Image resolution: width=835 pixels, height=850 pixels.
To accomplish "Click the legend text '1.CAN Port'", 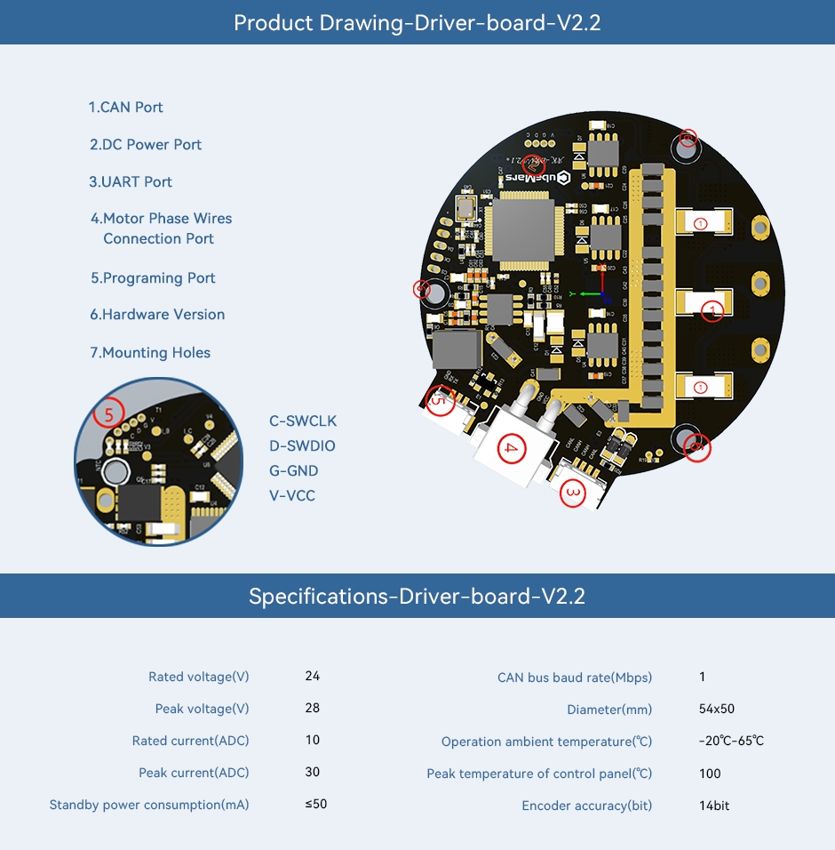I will pyautogui.click(x=125, y=108).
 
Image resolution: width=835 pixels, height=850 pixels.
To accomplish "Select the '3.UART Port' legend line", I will pyautogui.click(x=131, y=182).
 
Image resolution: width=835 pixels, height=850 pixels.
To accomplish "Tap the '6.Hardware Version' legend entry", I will pyautogui.click(x=157, y=315).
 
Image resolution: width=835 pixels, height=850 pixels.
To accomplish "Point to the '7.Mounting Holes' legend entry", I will pyautogui.click(x=150, y=353).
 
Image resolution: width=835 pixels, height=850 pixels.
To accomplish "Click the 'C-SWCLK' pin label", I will pyautogui.click(x=303, y=421).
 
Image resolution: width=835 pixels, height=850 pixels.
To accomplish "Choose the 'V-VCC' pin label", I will pyautogui.click(x=292, y=496).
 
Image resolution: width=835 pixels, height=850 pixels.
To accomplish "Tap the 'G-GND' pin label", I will pyautogui.click(x=294, y=471).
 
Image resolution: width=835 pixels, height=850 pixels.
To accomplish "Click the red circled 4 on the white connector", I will pyautogui.click(x=509, y=448).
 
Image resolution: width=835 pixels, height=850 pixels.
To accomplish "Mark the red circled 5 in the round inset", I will pyautogui.click(x=109, y=414).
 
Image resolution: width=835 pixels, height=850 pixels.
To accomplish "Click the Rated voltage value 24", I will pyautogui.click(x=312, y=677).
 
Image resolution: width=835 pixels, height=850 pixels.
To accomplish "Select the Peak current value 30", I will pyautogui.click(x=312, y=773).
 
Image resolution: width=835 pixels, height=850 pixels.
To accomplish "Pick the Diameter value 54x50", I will pyautogui.click(x=717, y=710).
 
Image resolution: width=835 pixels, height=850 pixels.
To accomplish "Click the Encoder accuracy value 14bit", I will pyautogui.click(x=714, y=806).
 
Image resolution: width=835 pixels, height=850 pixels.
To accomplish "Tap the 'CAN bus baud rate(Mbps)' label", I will pyautogui.click(x=574, y=678).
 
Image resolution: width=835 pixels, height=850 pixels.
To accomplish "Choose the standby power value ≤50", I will pyautogui.click(x=316, y=805).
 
